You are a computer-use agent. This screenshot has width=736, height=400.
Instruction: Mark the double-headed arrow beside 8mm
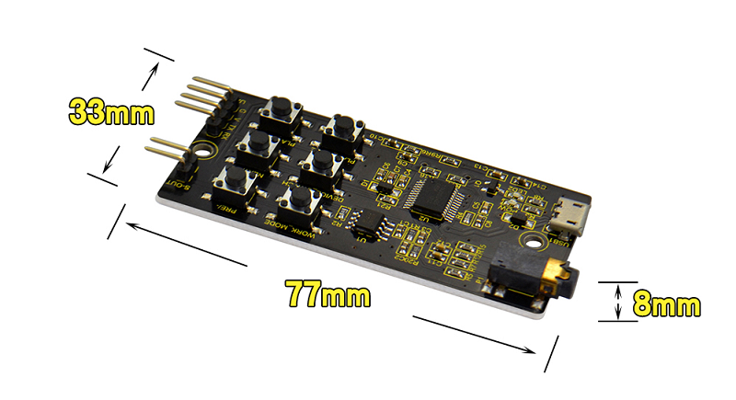pyautogui.click(x=617, y=303)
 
